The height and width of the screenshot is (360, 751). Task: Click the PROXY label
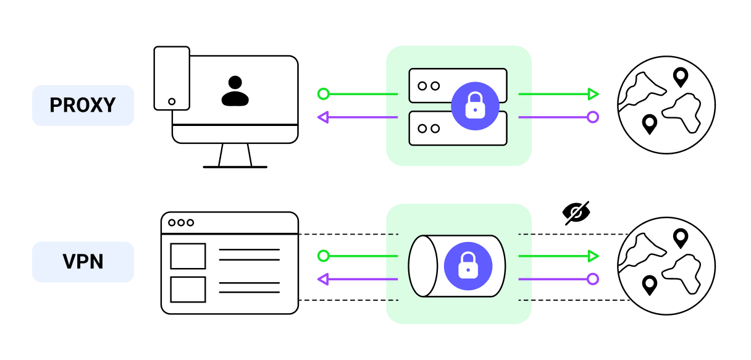click(x=83, y=106)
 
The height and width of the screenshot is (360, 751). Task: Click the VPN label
click(x=83, y=262)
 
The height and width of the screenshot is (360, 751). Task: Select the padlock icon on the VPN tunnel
click(x=468, y=266)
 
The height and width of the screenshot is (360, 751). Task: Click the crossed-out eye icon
click(x=576, y=212)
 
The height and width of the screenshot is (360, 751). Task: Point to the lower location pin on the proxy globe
click(x=649, y=123)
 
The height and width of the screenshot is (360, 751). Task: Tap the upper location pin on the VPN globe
click(x=680, y=238)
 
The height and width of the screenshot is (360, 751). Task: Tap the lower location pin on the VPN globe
click(x=649, y=285)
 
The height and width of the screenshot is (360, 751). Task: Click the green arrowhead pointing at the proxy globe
click(x=594, y=94)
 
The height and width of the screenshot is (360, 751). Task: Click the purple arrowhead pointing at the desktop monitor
click(x=322, y=117)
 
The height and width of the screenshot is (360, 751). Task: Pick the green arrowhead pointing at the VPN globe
click(x=594, y=256)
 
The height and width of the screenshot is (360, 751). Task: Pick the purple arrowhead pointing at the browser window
click(x=322, y=280)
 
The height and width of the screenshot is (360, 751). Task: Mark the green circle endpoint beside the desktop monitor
click(x=322, y=94)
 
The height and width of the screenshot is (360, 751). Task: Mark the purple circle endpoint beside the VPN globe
click(x=593, y=279)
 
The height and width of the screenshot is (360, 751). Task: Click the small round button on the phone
click(x=172, y=101)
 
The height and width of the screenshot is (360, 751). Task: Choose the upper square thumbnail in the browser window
click(x=188, y=256)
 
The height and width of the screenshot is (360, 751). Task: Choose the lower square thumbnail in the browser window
click(x=188, y=290)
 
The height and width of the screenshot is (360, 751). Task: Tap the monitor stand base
click(x=235, y=167)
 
